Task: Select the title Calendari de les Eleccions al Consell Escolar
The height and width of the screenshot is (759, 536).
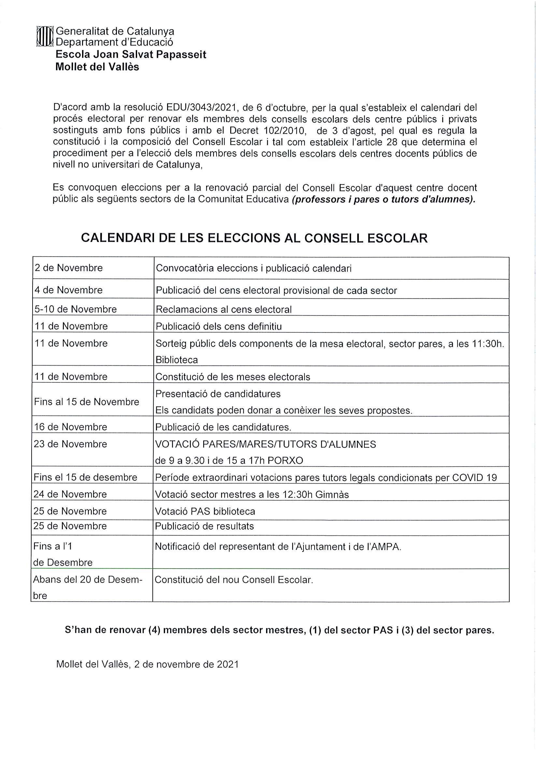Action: pyautogui.click(x=254, y=238)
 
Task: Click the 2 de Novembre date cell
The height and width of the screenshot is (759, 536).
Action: pyautogui.click(x=68, y=268)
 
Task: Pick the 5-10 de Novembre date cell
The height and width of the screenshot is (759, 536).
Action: pyautogui.click(x=76, y=309)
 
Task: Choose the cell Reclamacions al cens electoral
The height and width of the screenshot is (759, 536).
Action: pyautogui.click(x=224, y=309)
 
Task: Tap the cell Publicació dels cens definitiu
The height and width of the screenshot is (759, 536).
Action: pyautogui.click(x=219, y=327)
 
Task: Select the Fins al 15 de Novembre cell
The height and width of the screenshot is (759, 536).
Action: pyautogui.click(x=86, y=402)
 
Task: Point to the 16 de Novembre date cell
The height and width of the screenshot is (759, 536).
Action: pyautogui.click(x=70, y=427)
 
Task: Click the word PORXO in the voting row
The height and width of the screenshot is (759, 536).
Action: pyautogui.click(x=285, y=460)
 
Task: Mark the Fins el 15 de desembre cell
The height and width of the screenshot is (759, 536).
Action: pyautogui.click(x=85, y=477)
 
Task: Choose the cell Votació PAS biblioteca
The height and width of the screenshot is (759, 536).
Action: pyautogui.click(x=205, y=512)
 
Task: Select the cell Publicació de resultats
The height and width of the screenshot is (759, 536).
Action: pyautogui.click(x=205, y=526)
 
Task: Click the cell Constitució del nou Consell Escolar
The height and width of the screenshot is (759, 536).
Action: pyautogui.click(x=234, y=580)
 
